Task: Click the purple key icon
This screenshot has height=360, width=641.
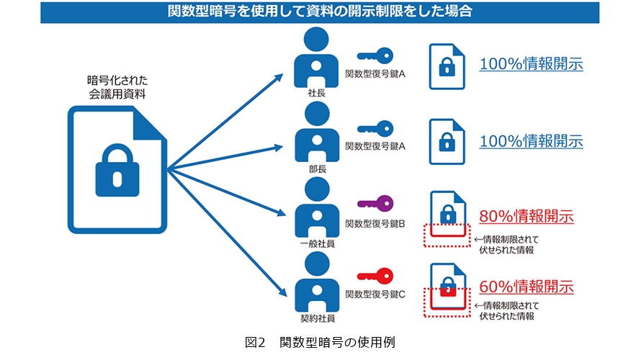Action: pyautogui.click(x=375, y=202)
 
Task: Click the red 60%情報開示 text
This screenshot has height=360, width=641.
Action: pyautogui.click(x=526, y=287)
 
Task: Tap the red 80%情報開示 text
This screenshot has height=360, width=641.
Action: pyautogui.click(x=526, y=215)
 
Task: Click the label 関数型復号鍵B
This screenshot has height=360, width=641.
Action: pyautogui.click(x=375, y=223)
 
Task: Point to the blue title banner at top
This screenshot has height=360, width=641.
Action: pyautogui.click(x=320, y=12)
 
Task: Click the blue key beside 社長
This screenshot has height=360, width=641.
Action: pyautogui.click(x=375, y=54)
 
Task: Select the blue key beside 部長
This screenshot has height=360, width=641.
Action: pyautogui.click(x=375, y=129)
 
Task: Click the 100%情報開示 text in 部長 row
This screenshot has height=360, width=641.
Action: pyautogui.click(x=531, y=140)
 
